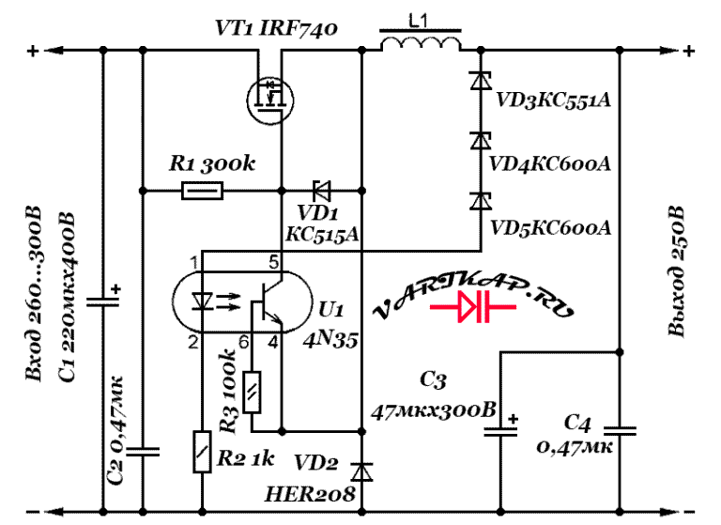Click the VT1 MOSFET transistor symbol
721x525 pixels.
pos(270,100)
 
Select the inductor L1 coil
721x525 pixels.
pos(421,40)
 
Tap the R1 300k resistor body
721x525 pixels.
pos(203,191)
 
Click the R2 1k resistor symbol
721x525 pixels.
pos(202,452)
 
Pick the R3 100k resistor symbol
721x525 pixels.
pos(252,392)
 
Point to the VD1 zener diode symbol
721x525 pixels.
pos(321,191)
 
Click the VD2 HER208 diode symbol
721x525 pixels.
pos(361,471)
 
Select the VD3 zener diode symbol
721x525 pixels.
pos(481,81)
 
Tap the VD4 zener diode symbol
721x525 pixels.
pos(481,141)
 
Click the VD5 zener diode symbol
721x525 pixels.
pos(481,201)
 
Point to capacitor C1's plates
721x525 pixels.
pos(103,301)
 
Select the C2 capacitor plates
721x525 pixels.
pos(143,452)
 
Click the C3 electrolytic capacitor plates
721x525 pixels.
pos(500,432)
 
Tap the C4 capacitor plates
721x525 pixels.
pos(620,431)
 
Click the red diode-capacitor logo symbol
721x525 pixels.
pos(473,306)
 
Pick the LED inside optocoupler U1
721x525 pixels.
pos(202,301)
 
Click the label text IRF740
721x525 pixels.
pos(298,28)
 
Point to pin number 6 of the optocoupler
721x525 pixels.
pos(244,343)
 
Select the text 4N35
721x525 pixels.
pos(330,340)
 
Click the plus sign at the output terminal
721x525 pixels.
pos(688,50)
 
